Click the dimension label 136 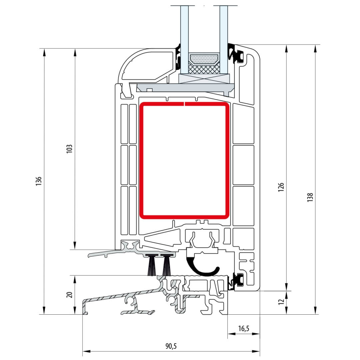[39, 181]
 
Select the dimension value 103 [69, 149]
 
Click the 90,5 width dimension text [170, 346]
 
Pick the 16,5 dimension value [244, 329]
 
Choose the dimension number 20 [69, 295]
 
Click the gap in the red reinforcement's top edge [184, 104]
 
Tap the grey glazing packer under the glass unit [187, 88]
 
